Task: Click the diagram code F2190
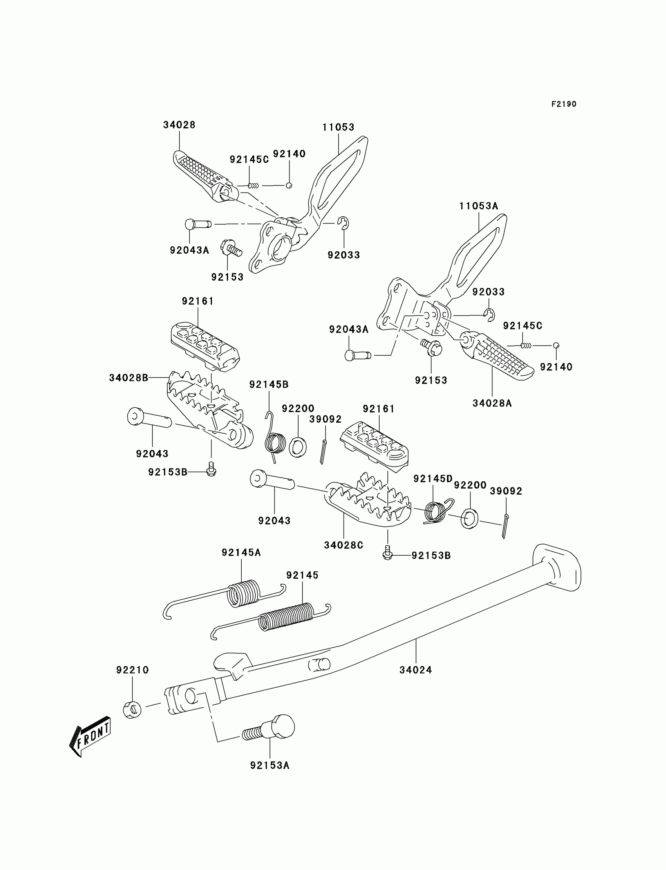pos(564,104)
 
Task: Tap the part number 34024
pos(415,670)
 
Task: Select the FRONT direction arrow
pos(90,737)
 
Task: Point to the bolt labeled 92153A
pos(269,730)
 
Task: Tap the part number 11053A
pos(478,206)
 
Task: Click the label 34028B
pos(128,378)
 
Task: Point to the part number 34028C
pos(343,545)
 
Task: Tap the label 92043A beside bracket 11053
pos(189,250)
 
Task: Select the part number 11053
pos(338,127)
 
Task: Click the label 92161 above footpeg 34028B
pos(197,301)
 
